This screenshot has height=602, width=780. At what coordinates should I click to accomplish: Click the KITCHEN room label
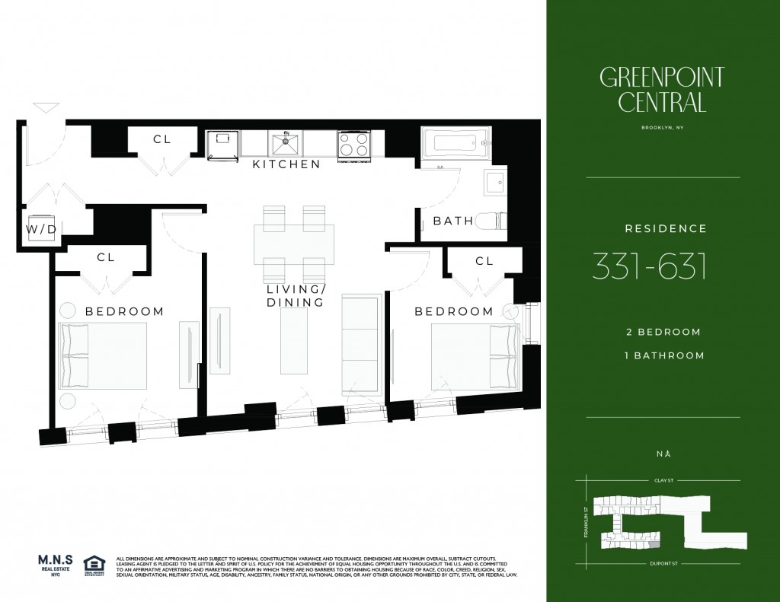point(286,164)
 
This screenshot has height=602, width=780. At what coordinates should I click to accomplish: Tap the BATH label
point(452,221)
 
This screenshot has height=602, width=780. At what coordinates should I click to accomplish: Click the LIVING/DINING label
point(296,296)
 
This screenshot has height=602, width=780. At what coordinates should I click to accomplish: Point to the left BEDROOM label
point(124,311)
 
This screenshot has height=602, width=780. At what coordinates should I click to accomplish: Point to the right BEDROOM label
point(453,311)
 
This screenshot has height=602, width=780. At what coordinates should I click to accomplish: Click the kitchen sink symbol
point(286,142)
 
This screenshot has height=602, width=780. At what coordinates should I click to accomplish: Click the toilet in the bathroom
point(491,221)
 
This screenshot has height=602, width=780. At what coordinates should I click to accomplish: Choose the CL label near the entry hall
point(161,139)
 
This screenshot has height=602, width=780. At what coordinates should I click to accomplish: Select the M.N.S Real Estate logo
point(55,567)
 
